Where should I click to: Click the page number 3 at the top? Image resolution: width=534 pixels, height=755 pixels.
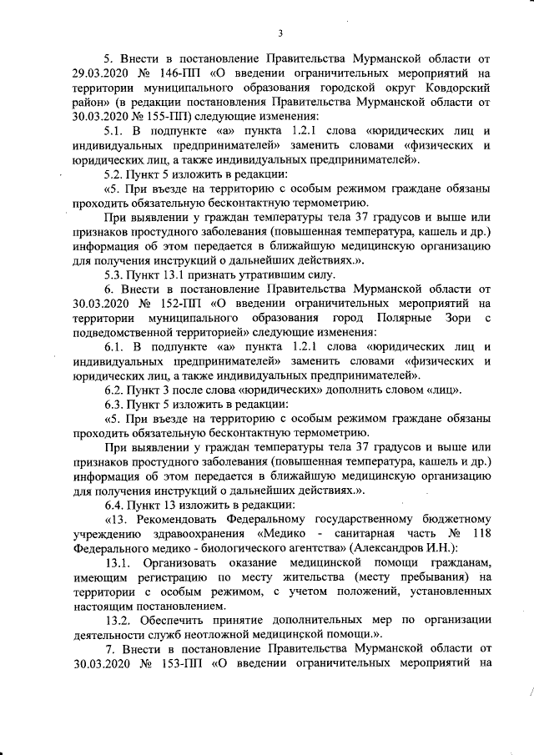pos(281,33)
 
